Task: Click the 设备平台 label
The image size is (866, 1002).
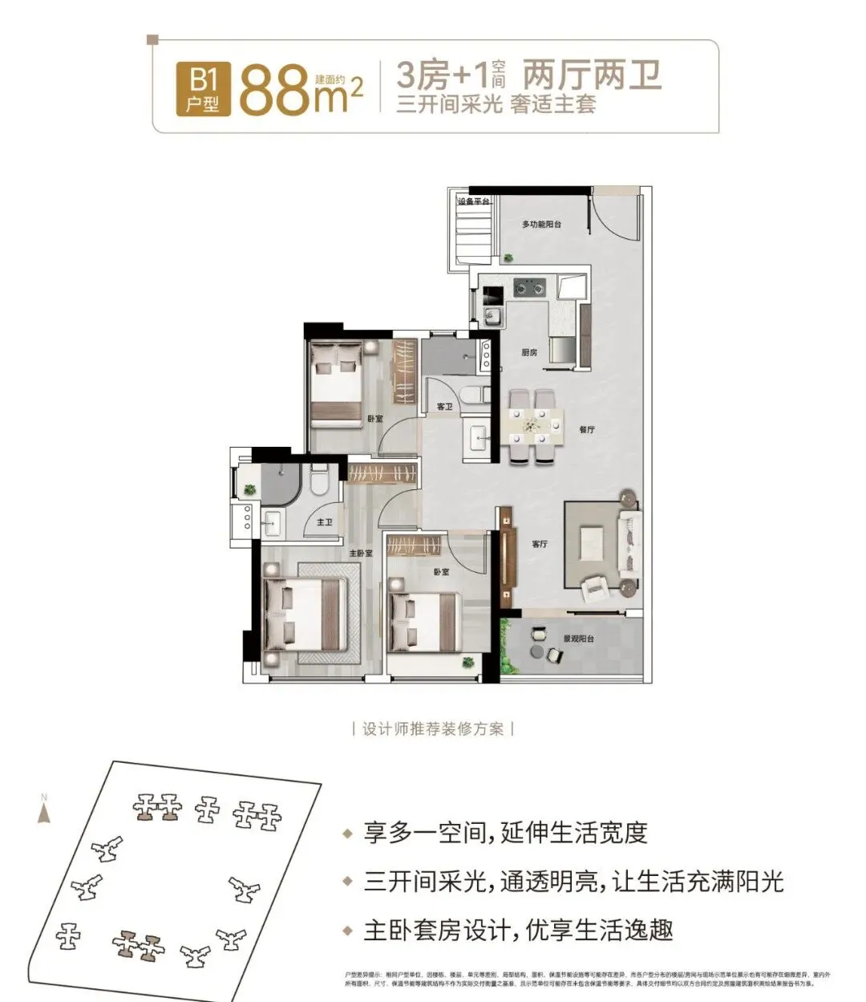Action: (x=473, y=201)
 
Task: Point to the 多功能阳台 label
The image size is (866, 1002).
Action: (x=541, y=225)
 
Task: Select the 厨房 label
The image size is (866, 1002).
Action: (x=528, y=353)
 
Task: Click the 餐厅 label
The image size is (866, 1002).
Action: (x=586, y=430)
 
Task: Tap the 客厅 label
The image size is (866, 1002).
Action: (x=540, y=544)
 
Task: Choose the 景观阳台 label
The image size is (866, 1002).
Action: (x=578, y=639)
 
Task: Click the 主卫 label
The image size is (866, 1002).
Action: (x=325, y=522)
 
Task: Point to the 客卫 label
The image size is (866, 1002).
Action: (x=445, y=408)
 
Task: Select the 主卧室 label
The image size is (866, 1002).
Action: (x=361, y=554)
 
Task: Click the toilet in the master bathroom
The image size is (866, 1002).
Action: (x=318, y=480)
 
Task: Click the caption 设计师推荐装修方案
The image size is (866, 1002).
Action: (x=433, y=728)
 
